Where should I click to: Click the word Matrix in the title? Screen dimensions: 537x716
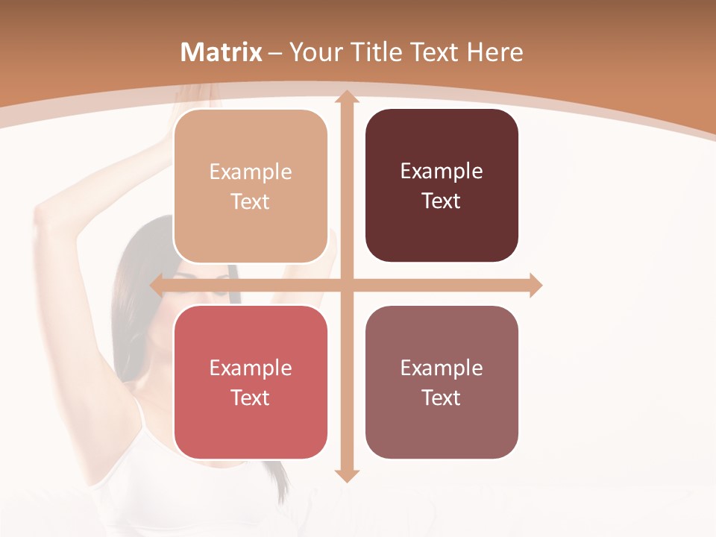[222, 52]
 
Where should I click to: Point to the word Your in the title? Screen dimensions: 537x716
[315, 52]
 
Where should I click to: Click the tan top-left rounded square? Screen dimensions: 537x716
[251, 186]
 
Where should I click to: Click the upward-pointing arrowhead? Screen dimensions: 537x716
[347, 97]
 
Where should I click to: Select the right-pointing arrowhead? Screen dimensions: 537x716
[535, 285]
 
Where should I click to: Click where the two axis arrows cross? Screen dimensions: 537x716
[347, 285]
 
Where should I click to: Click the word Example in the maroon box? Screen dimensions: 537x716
[442, 172]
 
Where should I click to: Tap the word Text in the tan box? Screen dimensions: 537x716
[251, 202]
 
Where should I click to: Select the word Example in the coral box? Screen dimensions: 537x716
[251, 368]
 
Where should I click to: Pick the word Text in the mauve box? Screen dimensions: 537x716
[442, 398]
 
